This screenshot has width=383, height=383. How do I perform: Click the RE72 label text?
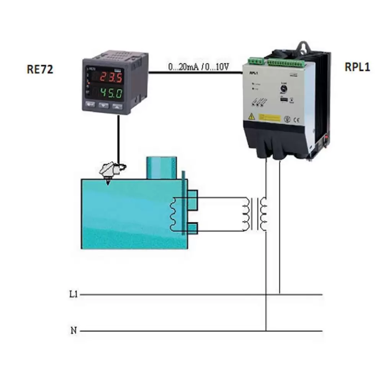coord(40,69)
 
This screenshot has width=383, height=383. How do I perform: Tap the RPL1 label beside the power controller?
coord(357,67)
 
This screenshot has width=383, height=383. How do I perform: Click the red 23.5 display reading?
coord(111,78)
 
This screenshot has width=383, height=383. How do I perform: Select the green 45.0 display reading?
coord(111,93)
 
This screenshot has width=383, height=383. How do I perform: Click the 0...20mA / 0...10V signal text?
coord(198,67)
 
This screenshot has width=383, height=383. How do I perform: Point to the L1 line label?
coord(74,295)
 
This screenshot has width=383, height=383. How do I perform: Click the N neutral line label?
coord(74,330)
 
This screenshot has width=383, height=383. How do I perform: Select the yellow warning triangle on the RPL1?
coord(252,116)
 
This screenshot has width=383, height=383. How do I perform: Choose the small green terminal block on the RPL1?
coord(255,60)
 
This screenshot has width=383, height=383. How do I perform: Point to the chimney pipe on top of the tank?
coord(161,168)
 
